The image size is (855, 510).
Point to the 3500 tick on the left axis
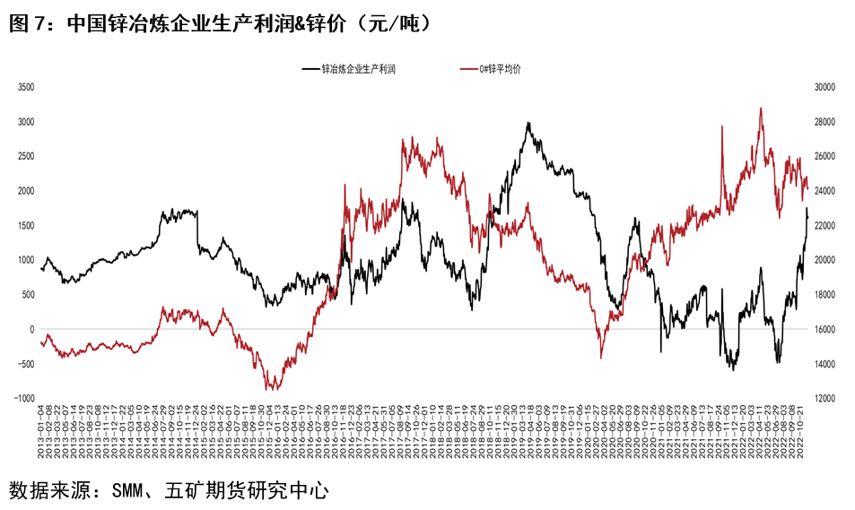point(25,87)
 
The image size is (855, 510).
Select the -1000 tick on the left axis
point(23,398)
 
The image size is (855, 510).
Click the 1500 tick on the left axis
point(25,225)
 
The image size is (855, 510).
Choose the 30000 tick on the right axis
point(824,87)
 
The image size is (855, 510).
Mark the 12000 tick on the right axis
point(824,398)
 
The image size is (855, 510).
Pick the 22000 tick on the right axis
point(824,225)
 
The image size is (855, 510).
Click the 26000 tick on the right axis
point(824,156)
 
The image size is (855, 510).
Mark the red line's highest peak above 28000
point(761,108)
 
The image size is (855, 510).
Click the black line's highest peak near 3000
point(528,124)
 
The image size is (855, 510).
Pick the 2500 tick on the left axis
point(25,156)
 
